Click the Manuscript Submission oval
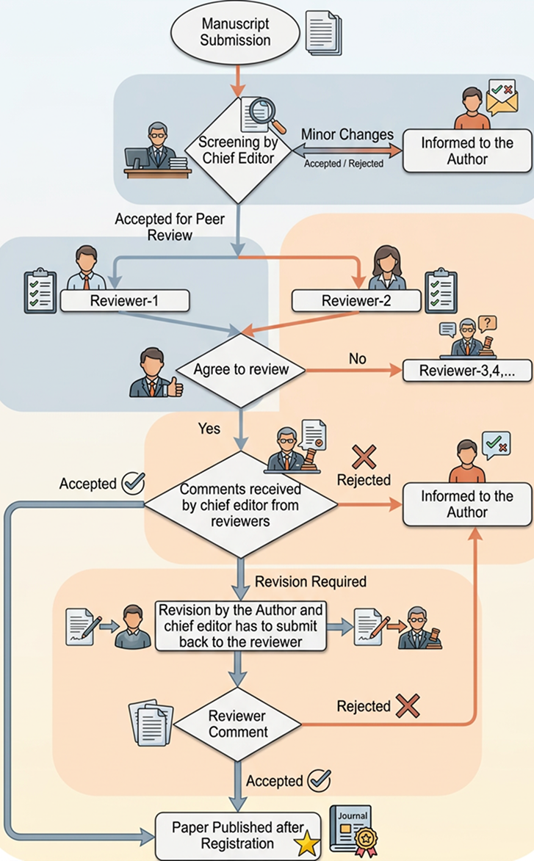click(x=235, y=32)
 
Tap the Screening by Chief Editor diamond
click(x=238, y=150)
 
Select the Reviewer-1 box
click(x=125, y=301)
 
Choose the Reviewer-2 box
click(x=356, y=301)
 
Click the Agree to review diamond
click(x=241, y=370)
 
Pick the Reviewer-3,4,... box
click(x=467, y=371)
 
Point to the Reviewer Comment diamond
click(x=237, y=724)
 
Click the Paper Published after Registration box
click(x=238, y=835)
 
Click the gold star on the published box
click(x=306, y=843)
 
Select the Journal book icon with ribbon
click(x=354, y=830)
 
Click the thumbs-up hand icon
click(x=175, y=387)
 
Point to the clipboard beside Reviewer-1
click(x=40, y=291)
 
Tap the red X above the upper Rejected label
click(x=364, y=457)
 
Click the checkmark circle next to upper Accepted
click(x=133, y=483)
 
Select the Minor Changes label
click(x=347, y=134)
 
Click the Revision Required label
click(x=311, y=581)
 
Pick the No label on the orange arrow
click(x=357, y=359)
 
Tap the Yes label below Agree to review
click(x=209, y=429)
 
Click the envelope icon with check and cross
click(x=502, y=97)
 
